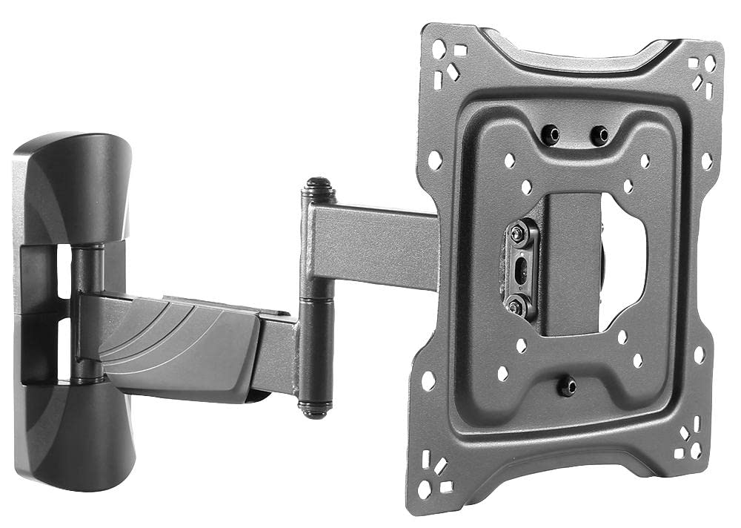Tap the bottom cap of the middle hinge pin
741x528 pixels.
[314, 407]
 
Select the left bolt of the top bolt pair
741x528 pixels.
[551, 135]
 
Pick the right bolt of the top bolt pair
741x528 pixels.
[599, 136]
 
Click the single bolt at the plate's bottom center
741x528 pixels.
[567, 386]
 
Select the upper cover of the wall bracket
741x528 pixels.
[72, 185]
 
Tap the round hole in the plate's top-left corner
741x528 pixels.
[439, 50]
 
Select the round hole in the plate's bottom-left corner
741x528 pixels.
[424, 490]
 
